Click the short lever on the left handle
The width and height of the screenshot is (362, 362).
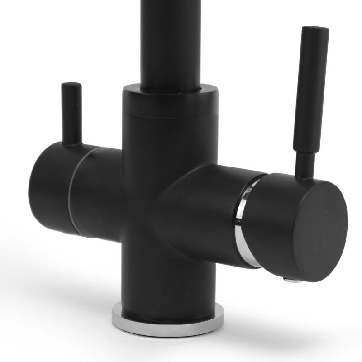[x=71, y=113]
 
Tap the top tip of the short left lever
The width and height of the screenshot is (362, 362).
[x=71, y=85]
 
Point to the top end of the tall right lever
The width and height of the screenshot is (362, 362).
[x=316, y=30]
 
